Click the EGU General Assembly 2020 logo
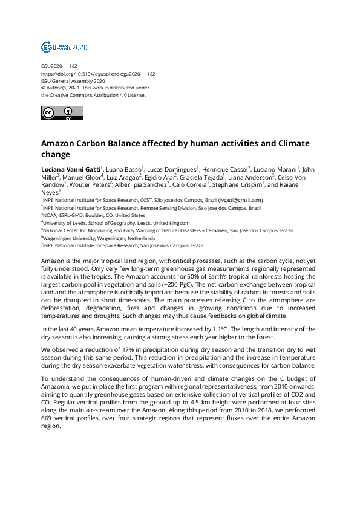click(64, 47)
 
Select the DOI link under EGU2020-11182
click(98, 74)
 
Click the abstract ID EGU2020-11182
click(59, 66)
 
